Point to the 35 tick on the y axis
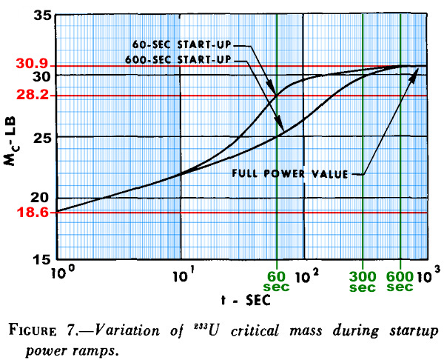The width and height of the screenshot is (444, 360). point(43,16)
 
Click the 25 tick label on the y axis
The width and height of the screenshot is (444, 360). point(43,139)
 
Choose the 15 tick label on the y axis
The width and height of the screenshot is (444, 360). point(43,259)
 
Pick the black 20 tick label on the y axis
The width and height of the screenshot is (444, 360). point(43,198)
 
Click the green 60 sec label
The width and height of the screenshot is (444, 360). point(276,281)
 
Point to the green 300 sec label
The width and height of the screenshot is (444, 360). point(363,281)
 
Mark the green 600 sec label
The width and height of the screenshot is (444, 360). point(400,281)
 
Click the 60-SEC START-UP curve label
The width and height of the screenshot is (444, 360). point(182,44)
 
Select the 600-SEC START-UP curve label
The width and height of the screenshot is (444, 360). point(178,60)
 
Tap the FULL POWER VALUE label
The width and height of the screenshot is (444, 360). point(290,173)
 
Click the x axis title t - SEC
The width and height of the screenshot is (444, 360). point(246,300)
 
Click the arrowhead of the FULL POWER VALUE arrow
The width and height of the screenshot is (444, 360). point(414,74)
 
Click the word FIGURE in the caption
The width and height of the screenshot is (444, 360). point(33,330)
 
